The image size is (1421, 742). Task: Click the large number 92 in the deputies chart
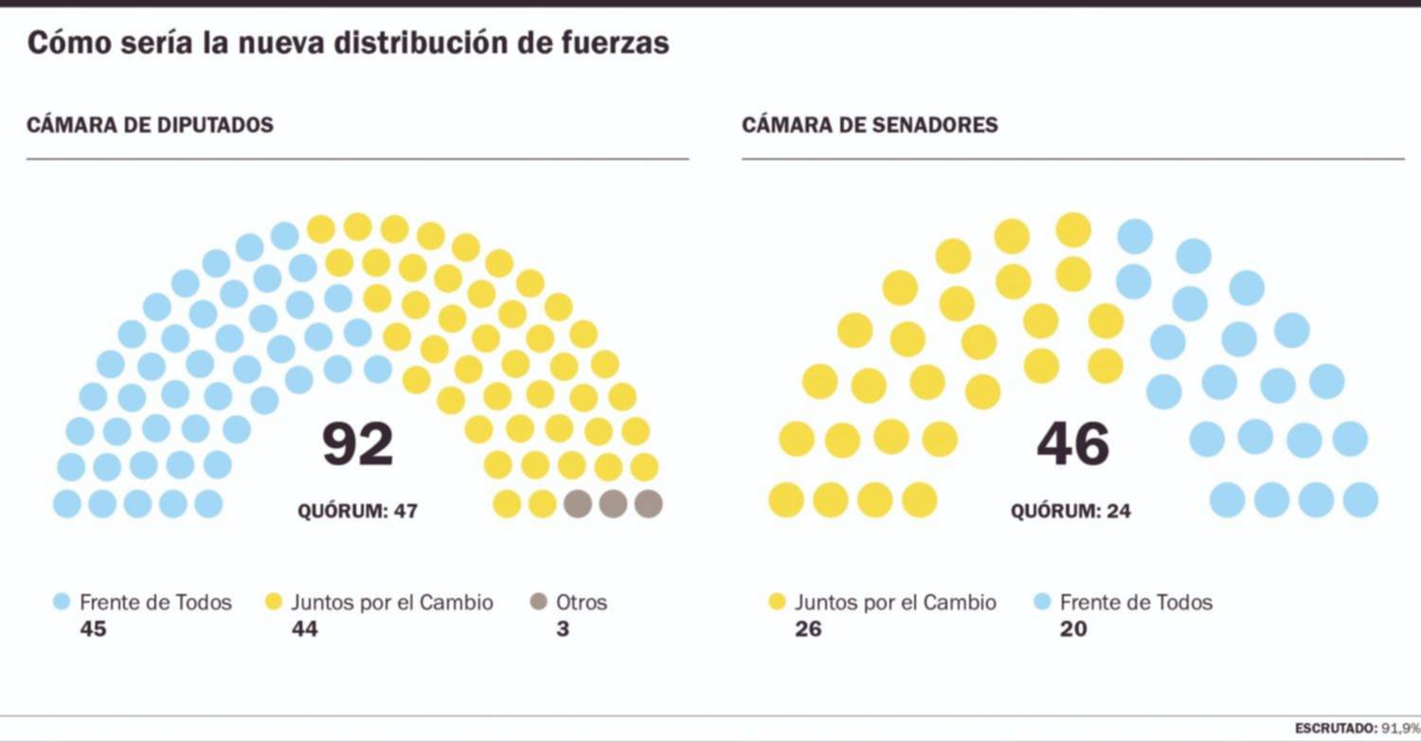coord(357,444)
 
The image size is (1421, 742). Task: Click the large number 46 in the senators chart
coord(1072,444)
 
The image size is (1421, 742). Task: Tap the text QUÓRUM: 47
coord(357,512)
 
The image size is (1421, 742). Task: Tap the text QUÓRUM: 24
coord(1070,512)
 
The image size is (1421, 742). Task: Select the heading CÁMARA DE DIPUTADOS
coord(150,125)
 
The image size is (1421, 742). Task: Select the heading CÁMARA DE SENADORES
coord(870,125)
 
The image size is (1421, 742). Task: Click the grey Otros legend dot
coord(539,602)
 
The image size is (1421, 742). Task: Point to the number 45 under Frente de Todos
coord(93,627)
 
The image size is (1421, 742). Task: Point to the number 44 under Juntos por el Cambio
coord(304,627)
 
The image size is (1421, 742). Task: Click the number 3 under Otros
coord(563,627)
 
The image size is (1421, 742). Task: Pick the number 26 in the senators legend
coord(808,627)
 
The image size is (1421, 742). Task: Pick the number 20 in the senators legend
coord(1073,627)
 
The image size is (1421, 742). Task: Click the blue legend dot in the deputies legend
coord(63,602)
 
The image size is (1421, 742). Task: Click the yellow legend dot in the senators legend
coord(777,602)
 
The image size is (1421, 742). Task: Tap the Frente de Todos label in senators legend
coord(1136,602)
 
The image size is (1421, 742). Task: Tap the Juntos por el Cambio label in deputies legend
coord(391,602)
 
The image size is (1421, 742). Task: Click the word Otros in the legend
coord(582,602)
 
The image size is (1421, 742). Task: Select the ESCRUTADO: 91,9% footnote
coord(1357,728)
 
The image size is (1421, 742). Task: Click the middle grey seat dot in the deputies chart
coord(613,503)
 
